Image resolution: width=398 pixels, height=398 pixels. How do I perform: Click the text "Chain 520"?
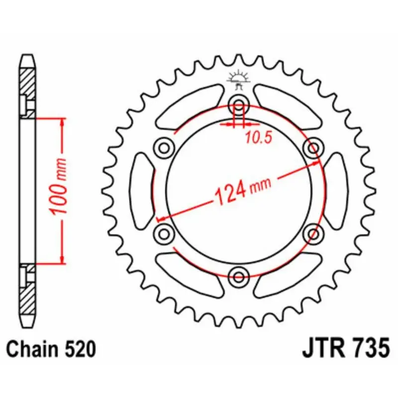coord(51,349)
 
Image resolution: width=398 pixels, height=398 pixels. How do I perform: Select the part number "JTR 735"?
coord(345,348)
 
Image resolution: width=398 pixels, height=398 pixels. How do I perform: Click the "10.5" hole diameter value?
coord(258,138)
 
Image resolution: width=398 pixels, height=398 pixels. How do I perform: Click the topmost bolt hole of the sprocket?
coord(239,105)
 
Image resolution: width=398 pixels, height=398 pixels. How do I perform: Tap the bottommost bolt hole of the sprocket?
coord(239,277)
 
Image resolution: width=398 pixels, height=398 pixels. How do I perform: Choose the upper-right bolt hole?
coord(313,148)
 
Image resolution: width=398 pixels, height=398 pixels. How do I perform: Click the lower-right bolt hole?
coord(313,233)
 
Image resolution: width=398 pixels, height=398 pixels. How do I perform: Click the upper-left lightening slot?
coord(189,105)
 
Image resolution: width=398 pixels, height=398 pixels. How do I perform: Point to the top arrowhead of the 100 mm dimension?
coord(62,121)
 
